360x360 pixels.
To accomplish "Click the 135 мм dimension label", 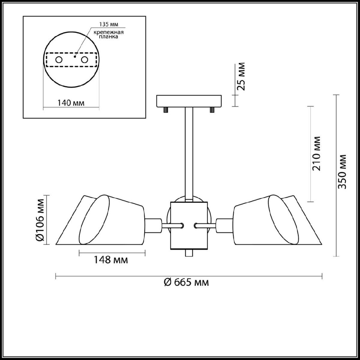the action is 109,25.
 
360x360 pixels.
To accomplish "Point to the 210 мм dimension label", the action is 316,154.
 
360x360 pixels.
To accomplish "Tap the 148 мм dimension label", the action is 111,260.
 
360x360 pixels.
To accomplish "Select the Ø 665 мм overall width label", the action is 186,287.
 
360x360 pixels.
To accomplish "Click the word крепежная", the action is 109,32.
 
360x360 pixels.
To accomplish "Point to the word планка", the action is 108,37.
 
